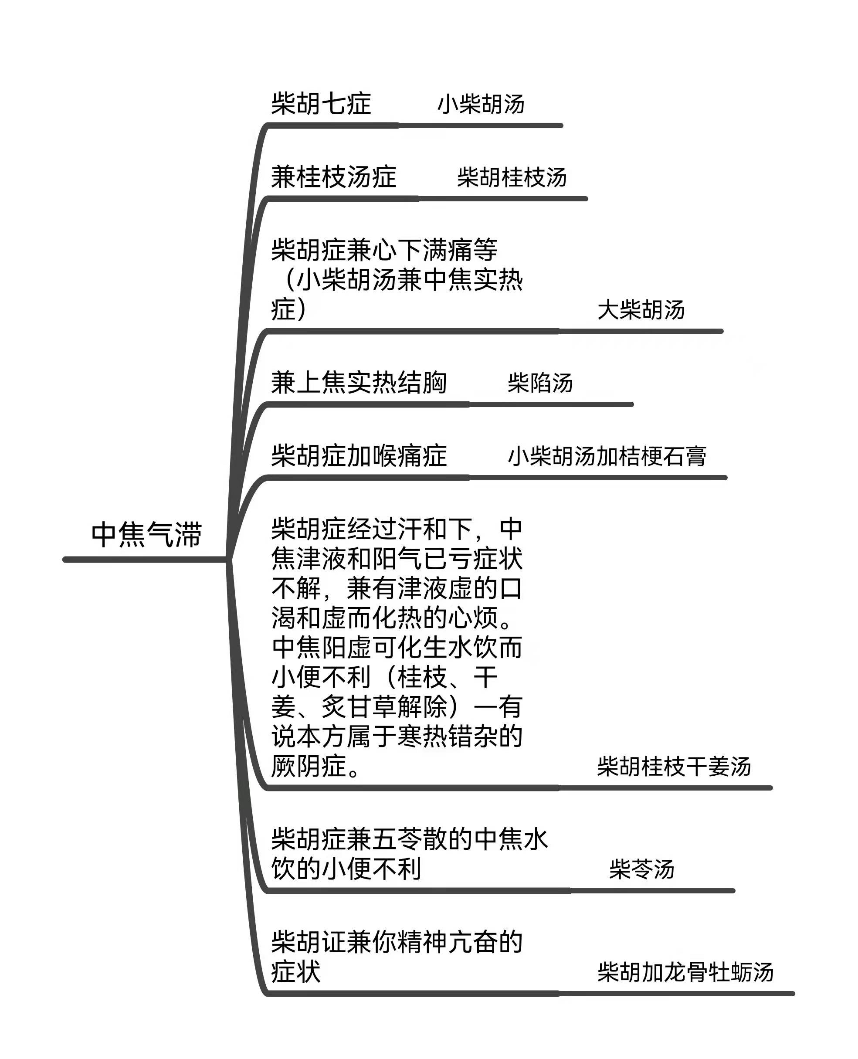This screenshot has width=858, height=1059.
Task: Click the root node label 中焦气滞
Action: click(147, 534)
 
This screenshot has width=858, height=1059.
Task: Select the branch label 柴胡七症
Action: click(321, 104)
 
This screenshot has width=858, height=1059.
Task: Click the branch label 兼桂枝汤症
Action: click(334, 177)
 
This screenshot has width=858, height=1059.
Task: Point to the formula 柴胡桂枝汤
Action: click(512, 177)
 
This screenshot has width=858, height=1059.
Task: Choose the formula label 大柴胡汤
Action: click(641, 310)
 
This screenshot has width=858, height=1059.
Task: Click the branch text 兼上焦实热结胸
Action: click(359, 383)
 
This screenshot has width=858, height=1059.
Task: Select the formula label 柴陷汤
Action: click(540, 383)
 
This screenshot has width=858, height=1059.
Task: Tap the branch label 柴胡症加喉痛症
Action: click(359, 455)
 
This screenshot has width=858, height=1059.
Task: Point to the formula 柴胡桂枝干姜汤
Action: click(674, 767)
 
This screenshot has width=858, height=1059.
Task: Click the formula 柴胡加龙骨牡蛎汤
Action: click(685, 972)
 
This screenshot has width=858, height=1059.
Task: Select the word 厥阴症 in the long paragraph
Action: click(309, 766)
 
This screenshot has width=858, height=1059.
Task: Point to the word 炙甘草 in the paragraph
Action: click(359, 707)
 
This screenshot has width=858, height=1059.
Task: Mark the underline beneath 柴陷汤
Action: click(551, 404)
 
